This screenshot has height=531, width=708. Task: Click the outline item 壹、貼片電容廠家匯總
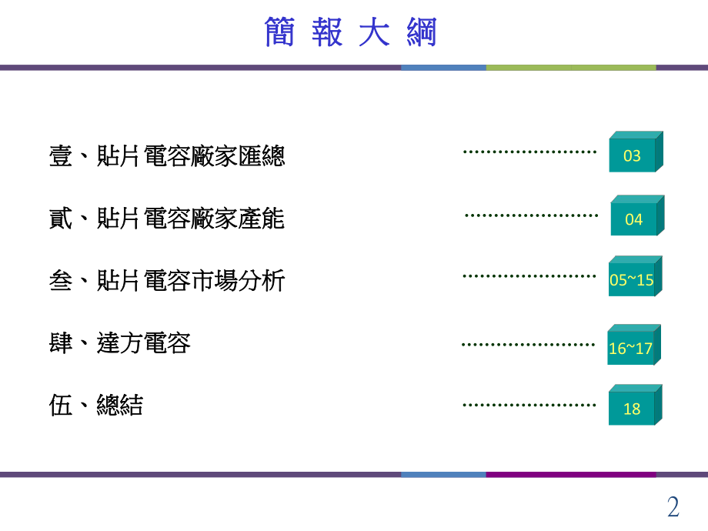click(167, 157)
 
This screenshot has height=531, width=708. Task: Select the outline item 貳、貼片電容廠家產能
click(167, 219)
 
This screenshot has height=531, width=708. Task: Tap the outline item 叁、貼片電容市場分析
click(167, 281)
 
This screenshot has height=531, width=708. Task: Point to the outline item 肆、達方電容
click(120, 342)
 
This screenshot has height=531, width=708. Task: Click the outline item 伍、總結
click(96, 405)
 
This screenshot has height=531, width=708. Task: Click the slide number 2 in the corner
click(673, 507)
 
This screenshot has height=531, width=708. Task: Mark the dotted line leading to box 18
click(529, 404)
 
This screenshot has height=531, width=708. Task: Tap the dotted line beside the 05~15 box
click(529, 276)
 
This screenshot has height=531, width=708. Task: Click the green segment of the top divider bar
click(570, 68)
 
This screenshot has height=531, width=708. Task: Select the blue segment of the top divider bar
click(443, 68)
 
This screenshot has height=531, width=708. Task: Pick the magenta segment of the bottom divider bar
click(570, 474)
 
